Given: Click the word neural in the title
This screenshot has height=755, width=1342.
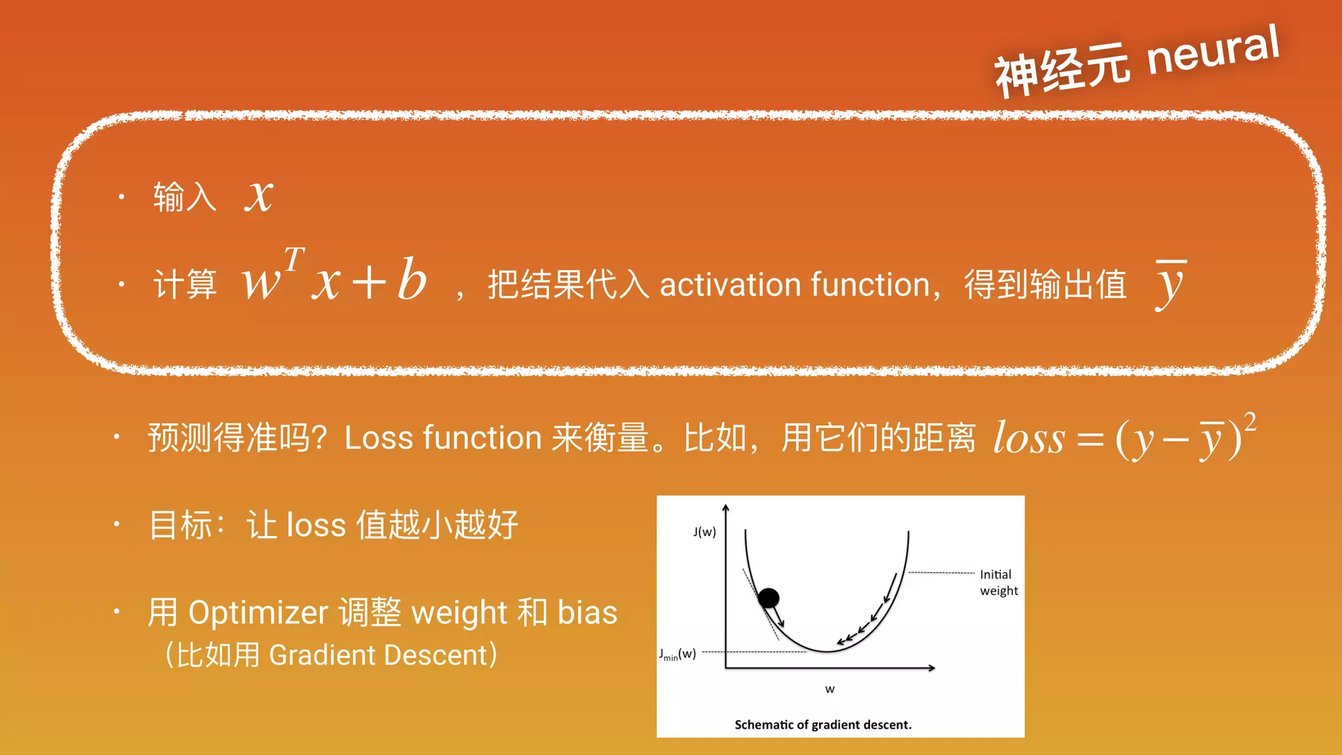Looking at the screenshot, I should click(x=1212, y=51).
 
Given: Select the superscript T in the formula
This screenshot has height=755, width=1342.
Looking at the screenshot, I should click(x=294, y=259).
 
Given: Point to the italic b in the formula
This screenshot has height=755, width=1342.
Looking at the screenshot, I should click(x=412, y=280).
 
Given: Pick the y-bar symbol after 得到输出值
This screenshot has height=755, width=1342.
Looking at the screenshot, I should click(x=1170, y=284).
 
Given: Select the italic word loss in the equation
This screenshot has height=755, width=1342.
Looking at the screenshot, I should click(x=1029, y=438).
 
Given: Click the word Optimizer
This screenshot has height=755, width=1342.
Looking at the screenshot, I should click(x=258, y=613).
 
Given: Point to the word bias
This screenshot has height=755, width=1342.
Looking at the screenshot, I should click(x=587, y=612).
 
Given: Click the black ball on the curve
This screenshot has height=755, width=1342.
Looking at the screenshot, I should click(x=769, y=598).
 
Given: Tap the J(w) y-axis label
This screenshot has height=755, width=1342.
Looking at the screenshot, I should click(x=704, y=532).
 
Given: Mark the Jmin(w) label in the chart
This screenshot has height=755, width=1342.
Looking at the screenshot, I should click(x=678, y=653).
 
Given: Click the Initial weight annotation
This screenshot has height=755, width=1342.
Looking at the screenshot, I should click(x=999, y=583).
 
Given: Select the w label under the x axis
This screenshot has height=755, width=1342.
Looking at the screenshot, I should click(x=830, y=689).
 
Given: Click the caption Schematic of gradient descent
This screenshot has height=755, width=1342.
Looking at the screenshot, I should click(x=823, y=724).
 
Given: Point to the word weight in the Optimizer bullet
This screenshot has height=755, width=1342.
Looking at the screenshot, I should click(x=459, y=613).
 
